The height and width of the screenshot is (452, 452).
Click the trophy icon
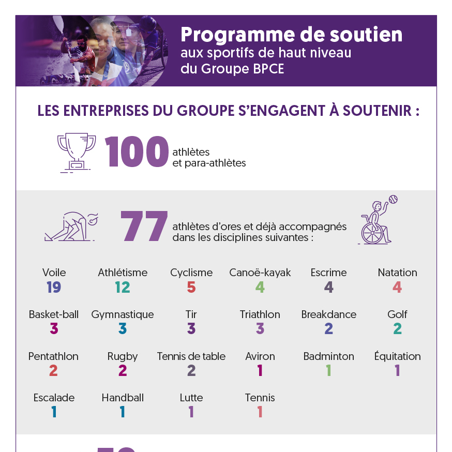click(x=76, y=152)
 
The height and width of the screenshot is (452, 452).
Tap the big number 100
click(x=137, y=152)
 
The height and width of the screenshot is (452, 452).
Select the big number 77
click(x=144, y=226)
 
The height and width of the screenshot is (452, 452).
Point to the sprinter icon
click(x=71, y=226)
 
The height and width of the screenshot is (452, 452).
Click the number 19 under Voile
click(x=54, y=287)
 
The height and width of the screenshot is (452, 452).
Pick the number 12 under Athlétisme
click(x=123, y=287)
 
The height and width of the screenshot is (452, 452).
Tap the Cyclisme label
click(x=191, y=273)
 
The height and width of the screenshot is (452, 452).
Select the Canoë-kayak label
click(x=260, y=273)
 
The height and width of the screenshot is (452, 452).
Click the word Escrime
click(x=328, y=273)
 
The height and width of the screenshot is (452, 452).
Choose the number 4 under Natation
click(x=397, y=287)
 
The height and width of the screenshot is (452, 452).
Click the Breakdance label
click(x=328, y=314)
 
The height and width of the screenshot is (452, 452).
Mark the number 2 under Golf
click(x=397, y=329)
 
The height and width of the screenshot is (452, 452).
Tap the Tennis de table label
click(x=191, y=356)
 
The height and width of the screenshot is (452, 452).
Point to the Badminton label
click(x=328, y=356)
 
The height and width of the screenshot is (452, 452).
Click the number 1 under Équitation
click(x=397, y=371)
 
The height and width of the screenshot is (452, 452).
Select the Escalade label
click(x=54, y=398)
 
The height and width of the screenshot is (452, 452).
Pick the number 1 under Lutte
click(x=191, y=412)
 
